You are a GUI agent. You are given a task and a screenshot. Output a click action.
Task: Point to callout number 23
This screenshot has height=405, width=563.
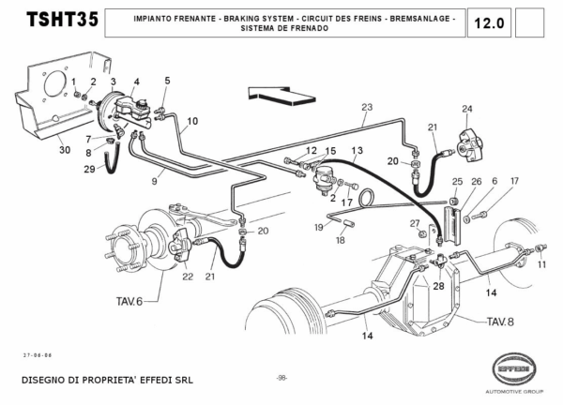tap(367, 106)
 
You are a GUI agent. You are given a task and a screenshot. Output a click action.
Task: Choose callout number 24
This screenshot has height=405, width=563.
tap(466, 109)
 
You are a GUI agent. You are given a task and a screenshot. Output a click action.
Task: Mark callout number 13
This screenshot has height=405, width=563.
tap(358, 150)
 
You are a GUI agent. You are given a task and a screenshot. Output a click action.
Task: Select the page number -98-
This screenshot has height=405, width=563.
tap(281, 378)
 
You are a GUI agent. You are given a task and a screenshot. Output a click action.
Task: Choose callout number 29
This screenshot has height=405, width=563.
tap(89, 169)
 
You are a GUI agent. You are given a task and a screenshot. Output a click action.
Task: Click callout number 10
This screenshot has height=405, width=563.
tap(192, 121)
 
